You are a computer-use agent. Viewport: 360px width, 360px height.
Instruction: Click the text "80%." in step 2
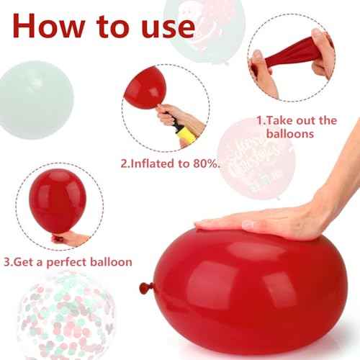[203, 163]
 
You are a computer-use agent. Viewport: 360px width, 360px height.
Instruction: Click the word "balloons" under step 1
[289, 134]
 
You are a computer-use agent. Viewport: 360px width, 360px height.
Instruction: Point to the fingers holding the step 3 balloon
[72, 238]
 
